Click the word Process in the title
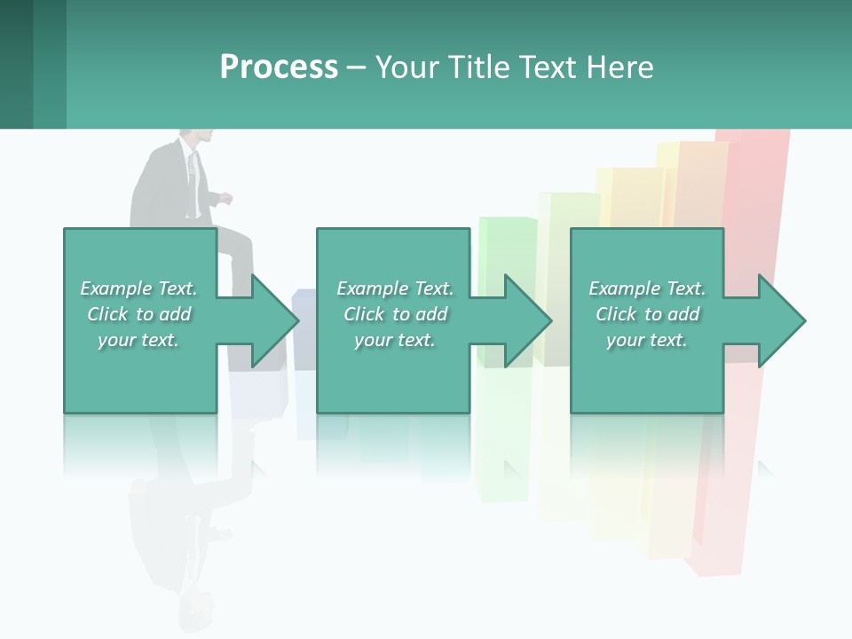279,67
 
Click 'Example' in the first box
115,288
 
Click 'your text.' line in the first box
138,340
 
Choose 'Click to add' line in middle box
395,314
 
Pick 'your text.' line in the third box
647,340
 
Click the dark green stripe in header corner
16,64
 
